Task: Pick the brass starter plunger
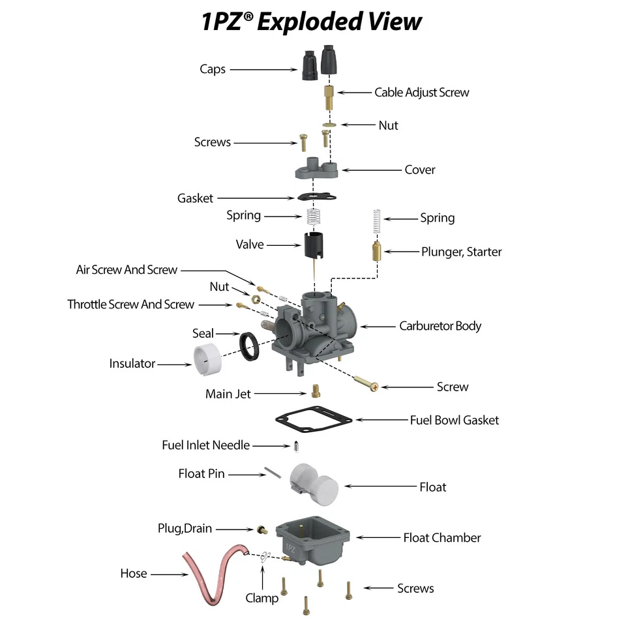(376, 251)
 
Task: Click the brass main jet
(316, 390)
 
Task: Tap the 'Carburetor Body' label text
(440, 325)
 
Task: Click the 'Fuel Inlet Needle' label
(205, 445)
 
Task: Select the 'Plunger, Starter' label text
(461, 251)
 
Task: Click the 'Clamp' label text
(262, 598)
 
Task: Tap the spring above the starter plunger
(376, 222)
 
